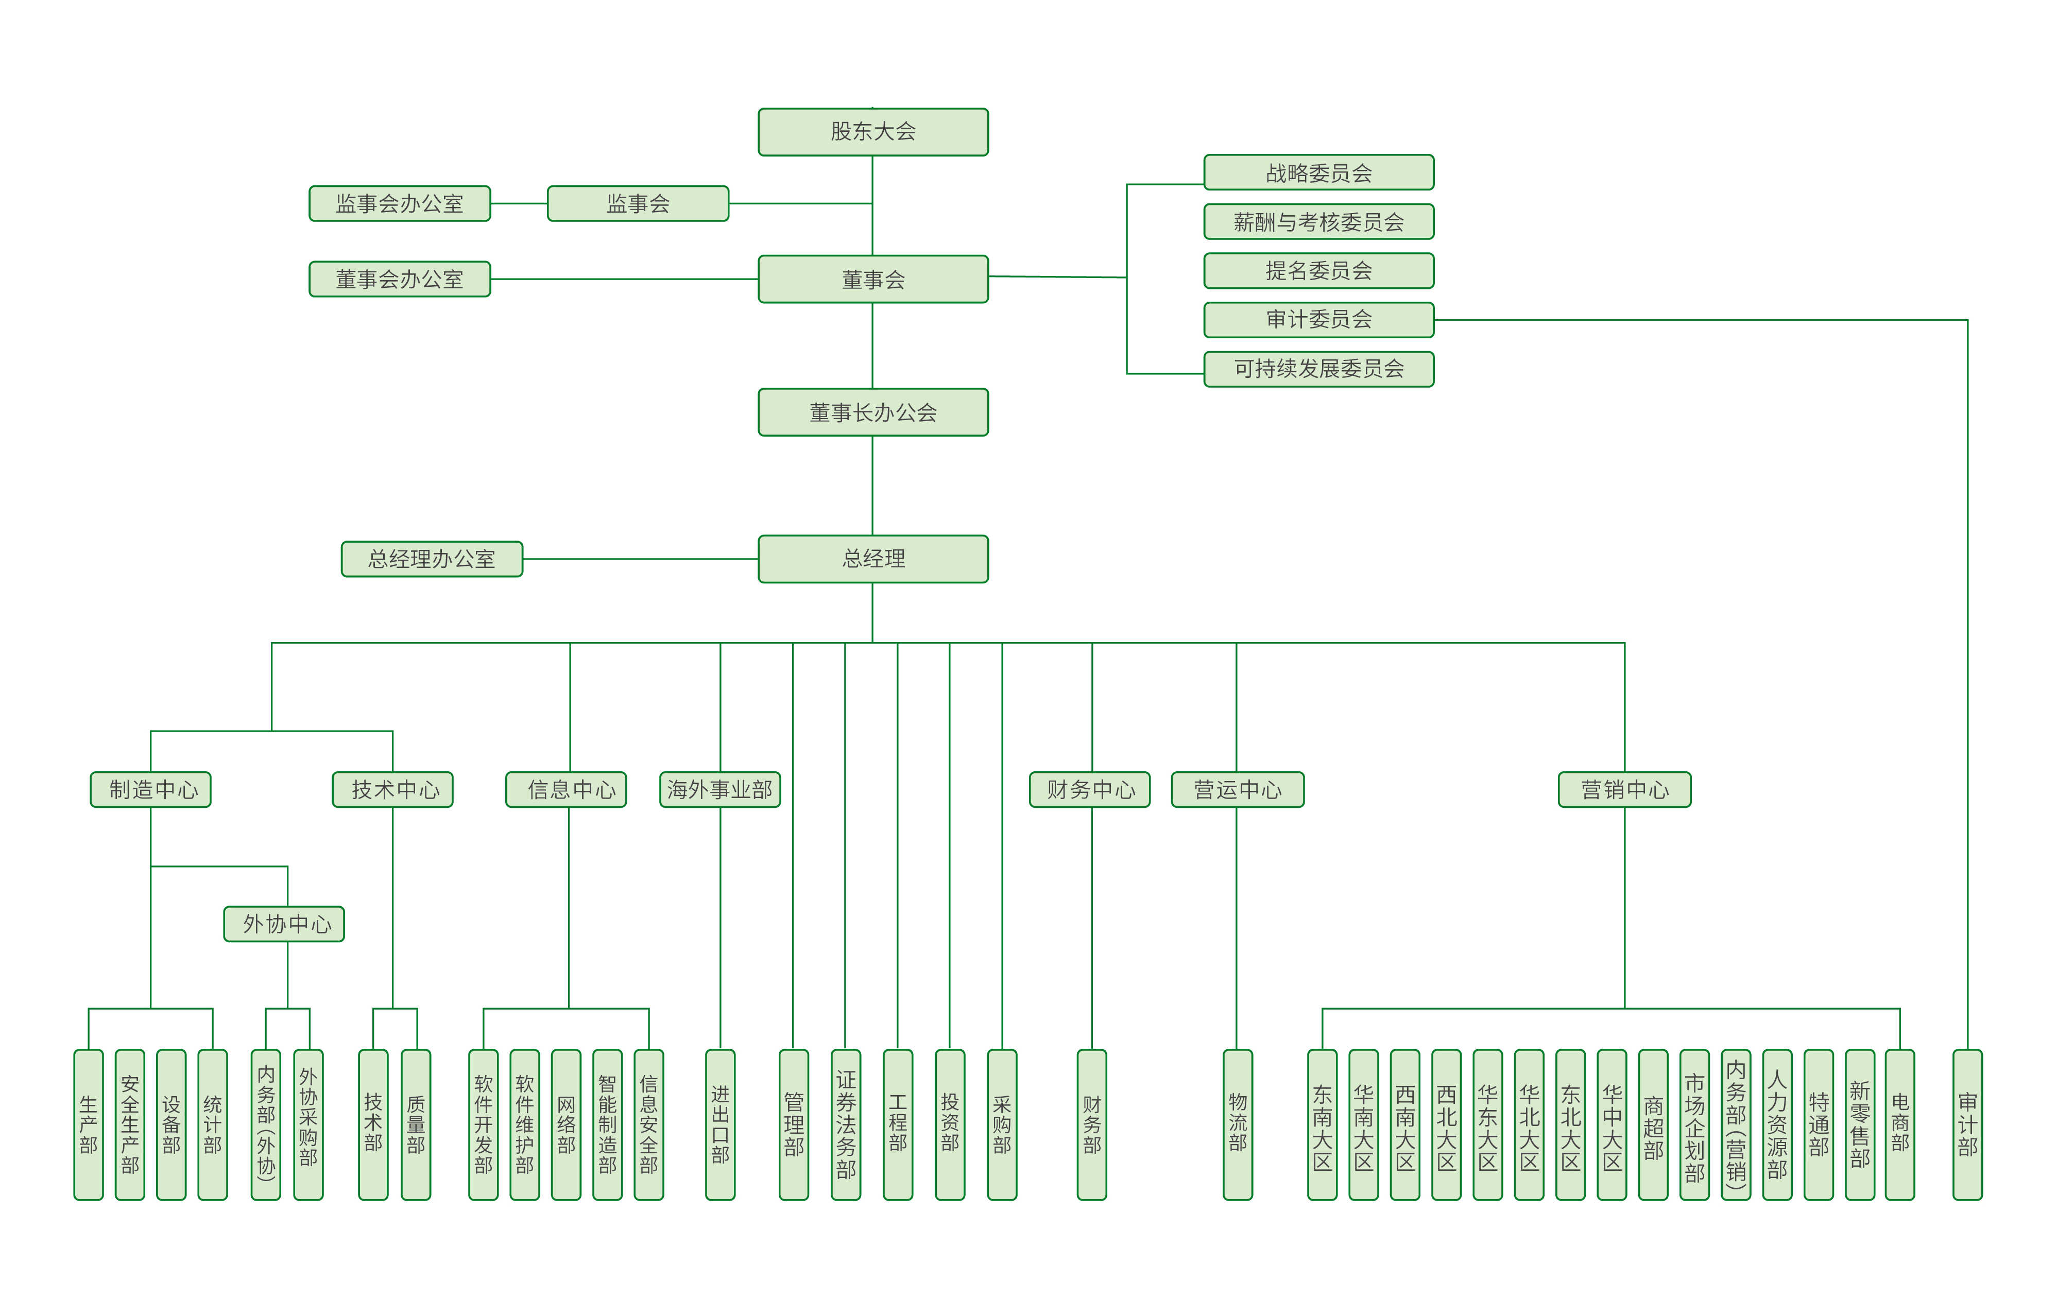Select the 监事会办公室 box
(x=399, y=203)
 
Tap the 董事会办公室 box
(x=399, y=279)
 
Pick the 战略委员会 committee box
(x=1318, y=172)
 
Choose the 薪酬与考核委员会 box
(x=1318, y=222)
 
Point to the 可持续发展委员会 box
(x=1318, y=369)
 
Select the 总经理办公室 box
(x=432, y=559)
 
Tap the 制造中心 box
(x=150, y=790)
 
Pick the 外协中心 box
(x=284, y=924)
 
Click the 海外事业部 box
(x=719, y=790)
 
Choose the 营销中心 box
(x=1624, y=790)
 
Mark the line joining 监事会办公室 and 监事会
(x=519, y=203)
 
